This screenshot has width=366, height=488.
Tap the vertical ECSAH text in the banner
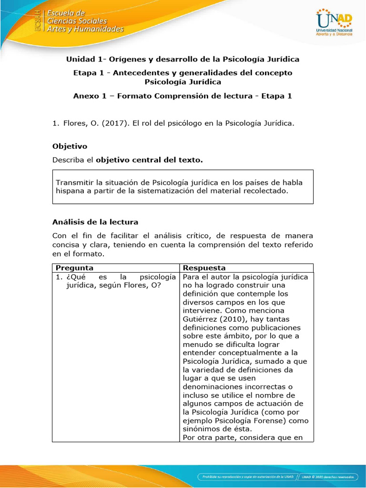[38, 21]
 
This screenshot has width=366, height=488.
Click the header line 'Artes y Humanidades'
[85, 29]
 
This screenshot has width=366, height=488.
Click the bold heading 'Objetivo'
[70, 146]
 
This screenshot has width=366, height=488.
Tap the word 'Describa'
[67, 161]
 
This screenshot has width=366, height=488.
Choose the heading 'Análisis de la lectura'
[95, 222]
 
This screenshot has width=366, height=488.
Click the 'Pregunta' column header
[74, 268]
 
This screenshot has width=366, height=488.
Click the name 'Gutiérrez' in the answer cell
[201, 319]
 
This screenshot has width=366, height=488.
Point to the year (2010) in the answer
[233, 319]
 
